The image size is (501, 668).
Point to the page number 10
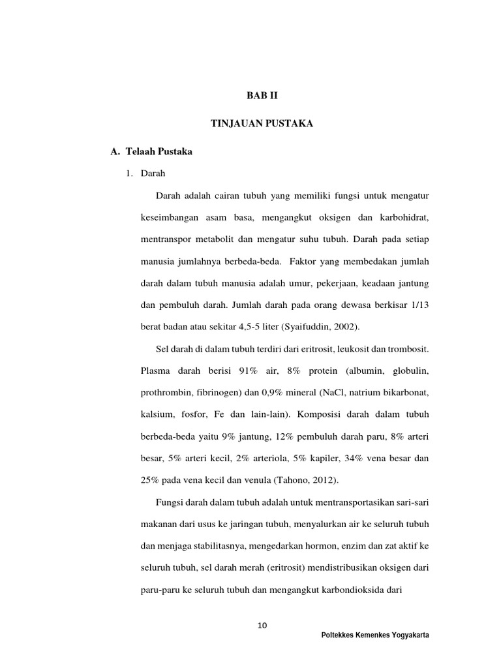[x=262, y=626]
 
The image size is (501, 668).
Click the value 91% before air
[x=249, y=371]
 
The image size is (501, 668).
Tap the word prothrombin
[x=164, y=393]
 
